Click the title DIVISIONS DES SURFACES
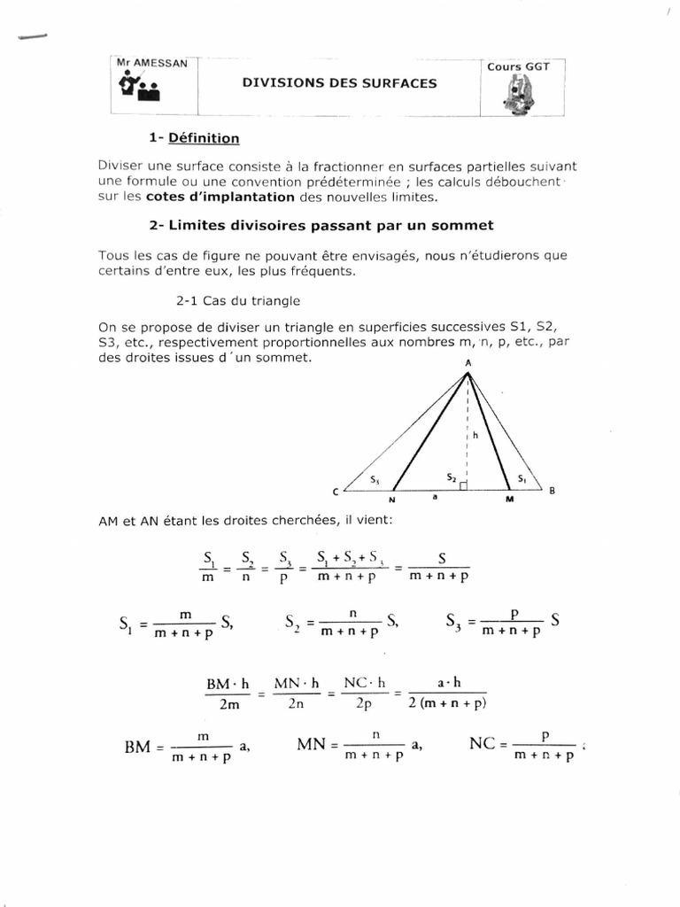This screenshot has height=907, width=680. [x=340, y=82]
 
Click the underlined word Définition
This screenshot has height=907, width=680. [x=205, y=138]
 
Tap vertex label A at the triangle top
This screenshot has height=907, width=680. [x=467, y=363]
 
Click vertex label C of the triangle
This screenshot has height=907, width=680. [x=336, y=492]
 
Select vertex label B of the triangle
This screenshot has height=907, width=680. [x=552, y=491]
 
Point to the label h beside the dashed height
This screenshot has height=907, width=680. [x=474, y=435]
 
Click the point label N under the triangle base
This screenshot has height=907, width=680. [x=390, y=501]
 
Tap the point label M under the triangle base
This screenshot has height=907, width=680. [x=508, y=501]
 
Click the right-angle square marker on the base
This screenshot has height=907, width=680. [x=463, y=485]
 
